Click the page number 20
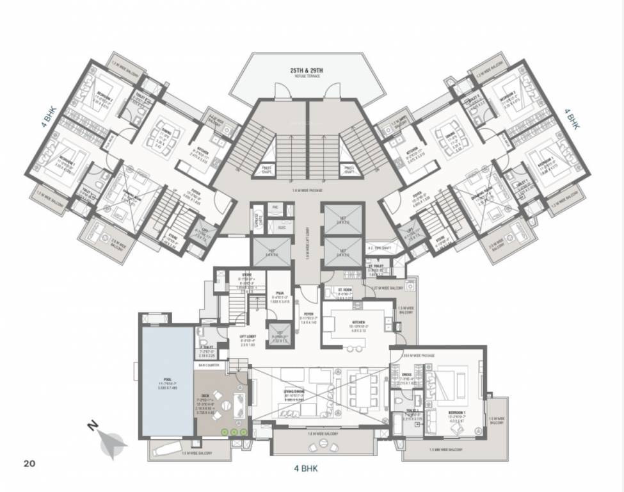(29, 463)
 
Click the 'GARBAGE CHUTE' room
(259, 220)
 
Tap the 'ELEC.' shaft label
(281, 227)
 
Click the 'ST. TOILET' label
(375, 267)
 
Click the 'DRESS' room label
(406, 375)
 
